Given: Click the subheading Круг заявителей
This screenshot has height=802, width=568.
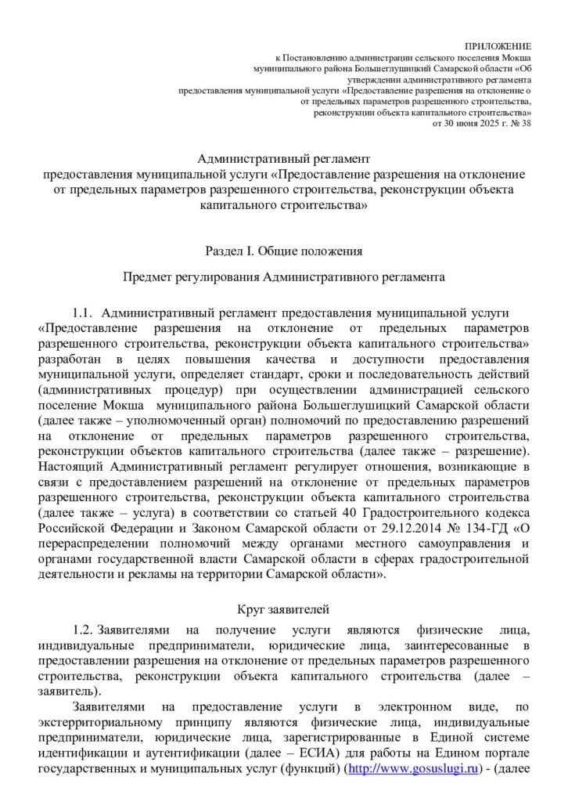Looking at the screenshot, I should pos(284,608).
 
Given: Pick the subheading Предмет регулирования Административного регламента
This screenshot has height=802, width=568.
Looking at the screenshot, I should pos(284,276).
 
